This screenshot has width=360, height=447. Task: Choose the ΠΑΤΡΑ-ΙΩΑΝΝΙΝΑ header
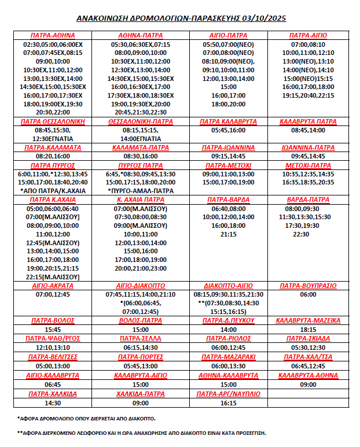[x=228, y=148]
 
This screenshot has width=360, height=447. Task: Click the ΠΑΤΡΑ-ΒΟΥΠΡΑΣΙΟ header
[x=308, y=286]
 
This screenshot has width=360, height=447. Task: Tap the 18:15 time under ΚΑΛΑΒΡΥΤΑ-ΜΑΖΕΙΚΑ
[x=308, y=329]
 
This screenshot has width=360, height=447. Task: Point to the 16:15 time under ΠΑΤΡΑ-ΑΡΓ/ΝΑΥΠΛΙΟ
[x=228, y=403]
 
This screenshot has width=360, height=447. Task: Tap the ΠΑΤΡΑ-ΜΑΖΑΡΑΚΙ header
[x=228, y=357]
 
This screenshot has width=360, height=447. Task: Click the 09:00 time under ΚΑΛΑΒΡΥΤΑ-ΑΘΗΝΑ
[x=308, y=385]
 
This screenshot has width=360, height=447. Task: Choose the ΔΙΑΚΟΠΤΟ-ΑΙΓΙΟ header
[x=228, y=286]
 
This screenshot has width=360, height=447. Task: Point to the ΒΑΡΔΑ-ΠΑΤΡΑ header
[x=308, y=200]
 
